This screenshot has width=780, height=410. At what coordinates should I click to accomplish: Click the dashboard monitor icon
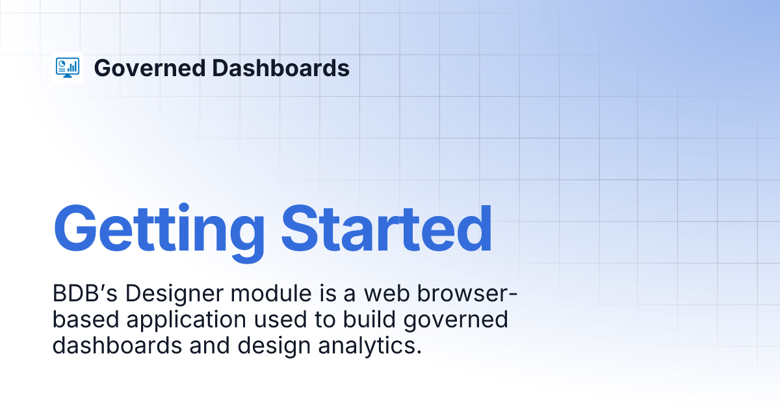[68, 68]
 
